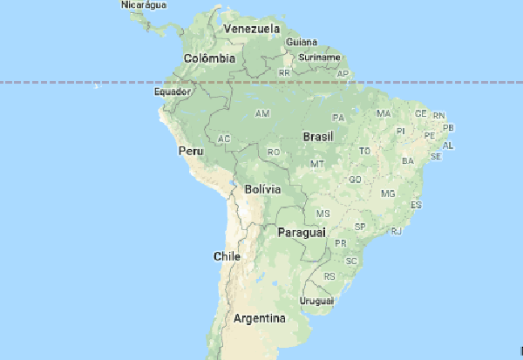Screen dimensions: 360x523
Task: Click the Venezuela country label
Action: [x=251, y=29]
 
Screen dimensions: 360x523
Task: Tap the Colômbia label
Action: [x=209, y=58]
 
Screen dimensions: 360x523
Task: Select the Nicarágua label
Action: [x=143, y=5]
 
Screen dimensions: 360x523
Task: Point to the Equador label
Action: [x=171, y=91]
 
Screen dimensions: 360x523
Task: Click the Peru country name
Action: [x=190, y=151]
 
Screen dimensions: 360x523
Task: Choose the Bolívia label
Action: [x=262, y=188]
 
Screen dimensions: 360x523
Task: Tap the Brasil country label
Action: [x=317, y=137]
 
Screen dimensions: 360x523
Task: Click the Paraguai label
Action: [x=302, y=233]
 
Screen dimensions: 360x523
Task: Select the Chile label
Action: [x=227, y=256]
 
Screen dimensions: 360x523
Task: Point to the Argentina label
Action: [x=260, y=318]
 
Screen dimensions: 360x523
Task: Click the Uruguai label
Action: [x=317, y=301]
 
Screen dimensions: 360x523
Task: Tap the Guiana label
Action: [x=301, y=41]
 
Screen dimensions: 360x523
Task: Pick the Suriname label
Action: [x=319, y=57]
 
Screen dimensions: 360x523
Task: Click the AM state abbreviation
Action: [x=261, y=114]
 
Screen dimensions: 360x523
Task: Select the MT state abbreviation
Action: [x=317, y=164]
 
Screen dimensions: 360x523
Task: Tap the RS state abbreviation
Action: [x=329, y=276]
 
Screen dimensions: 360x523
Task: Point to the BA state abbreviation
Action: [x=407, y=161]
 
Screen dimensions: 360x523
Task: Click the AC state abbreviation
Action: [x=224, y=139]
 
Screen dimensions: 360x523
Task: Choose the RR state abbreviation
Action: [x=284, y=72]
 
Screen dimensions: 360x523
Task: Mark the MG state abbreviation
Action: [x=388, y=193]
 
